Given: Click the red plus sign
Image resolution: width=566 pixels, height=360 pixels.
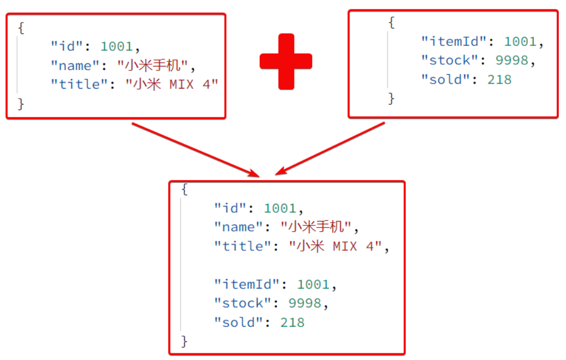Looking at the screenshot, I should tap(286, 61).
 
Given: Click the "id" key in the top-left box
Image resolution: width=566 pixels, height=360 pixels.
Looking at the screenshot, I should tap(66, 47).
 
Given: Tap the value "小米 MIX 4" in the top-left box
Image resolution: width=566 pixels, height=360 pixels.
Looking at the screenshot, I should tap(172, 84).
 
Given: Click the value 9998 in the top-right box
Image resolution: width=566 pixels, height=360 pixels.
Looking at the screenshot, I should tap(512, 60).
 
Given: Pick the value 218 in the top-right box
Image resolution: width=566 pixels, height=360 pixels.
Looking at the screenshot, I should tap(499, 79).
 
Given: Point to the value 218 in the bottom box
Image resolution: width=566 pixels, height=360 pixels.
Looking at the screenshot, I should tap(292, 322).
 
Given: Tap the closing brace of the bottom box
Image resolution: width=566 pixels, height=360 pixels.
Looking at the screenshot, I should tap(184, 341).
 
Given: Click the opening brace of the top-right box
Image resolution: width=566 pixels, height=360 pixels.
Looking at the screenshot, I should tap(391, 23).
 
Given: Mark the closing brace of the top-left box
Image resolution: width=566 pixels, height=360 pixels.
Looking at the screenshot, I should tap(21, 104).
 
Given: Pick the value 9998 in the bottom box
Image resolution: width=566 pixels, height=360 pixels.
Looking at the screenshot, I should tap(305, 303).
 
